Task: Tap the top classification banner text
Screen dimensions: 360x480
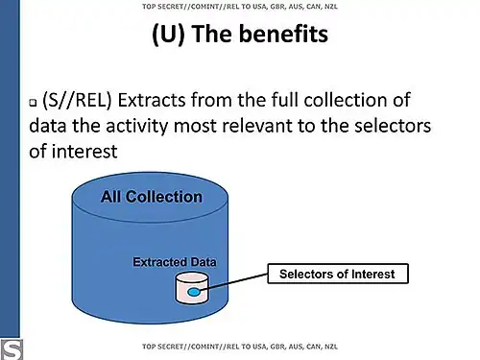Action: (x=239, y=7)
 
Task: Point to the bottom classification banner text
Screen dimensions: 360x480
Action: (x=239, y=345)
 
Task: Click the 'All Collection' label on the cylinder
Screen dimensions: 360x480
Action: (x=152, y=197)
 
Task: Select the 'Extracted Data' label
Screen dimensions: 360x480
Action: (x=175, y=261)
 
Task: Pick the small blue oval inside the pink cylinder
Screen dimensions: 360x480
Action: (x=194, y=291)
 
